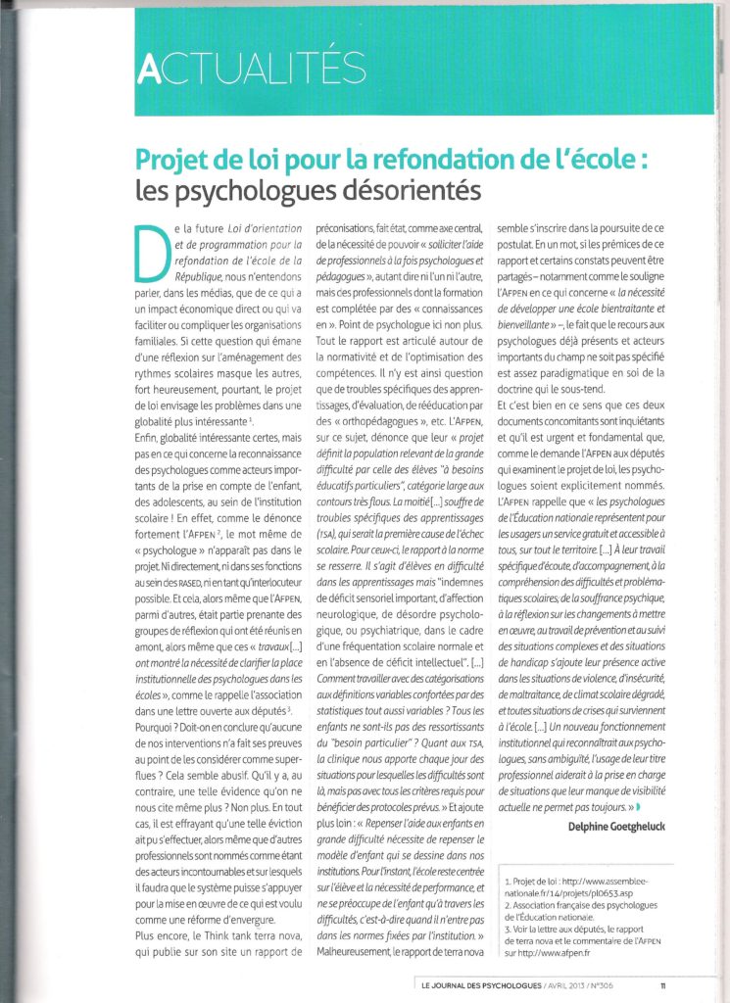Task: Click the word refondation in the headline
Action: coord(403,160)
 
